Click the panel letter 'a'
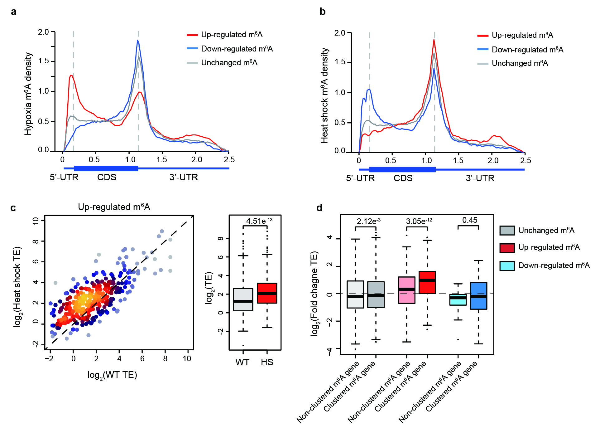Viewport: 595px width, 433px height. pyautogui.click(x=13, y=12)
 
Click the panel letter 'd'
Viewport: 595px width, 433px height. pyautogui.click(x=319, y=208)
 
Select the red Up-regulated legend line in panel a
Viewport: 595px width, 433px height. pyautogui.click(x=192, y=35)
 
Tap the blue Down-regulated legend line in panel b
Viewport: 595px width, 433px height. pyautogui.click(x=482, y=50)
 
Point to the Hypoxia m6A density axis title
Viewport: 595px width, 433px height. pyautogui.click(x=28, y=94)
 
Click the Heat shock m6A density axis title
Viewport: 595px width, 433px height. pyautogui.click(x=324, y=95)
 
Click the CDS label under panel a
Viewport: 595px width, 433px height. pyautogui.click(x=107, y=177)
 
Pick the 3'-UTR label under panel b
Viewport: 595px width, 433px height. pyautogui.click(x=480, y=178)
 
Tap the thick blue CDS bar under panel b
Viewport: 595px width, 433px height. pyautogui.click(x=402, y=169)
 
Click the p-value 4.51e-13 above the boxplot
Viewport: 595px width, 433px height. pyautogui.click(x=259, y=221)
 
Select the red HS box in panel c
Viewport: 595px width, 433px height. pyautogui.click(x=267, y=293)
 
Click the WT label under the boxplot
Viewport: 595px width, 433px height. pyautogui.click(x=242, y=362)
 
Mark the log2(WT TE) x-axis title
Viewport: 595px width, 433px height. pyautogui.click(x=112, y=375)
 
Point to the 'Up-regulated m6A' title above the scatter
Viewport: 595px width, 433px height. pyautogui.click(x=114, y=207)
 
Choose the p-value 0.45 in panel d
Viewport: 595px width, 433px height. pyautogui.click(x=470, y=220)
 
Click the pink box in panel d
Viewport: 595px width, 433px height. pyautogui.click(x=407, y=290)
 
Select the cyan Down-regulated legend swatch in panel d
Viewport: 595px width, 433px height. pyautogui.click(x=507, y=266)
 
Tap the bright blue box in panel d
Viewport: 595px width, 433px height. pyautogui.click(x=478, y=295)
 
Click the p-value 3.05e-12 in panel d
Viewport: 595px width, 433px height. pyautogui.click(x=419, y=221)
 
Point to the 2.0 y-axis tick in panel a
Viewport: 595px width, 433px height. pyautogui.click(x=43, y=32)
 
